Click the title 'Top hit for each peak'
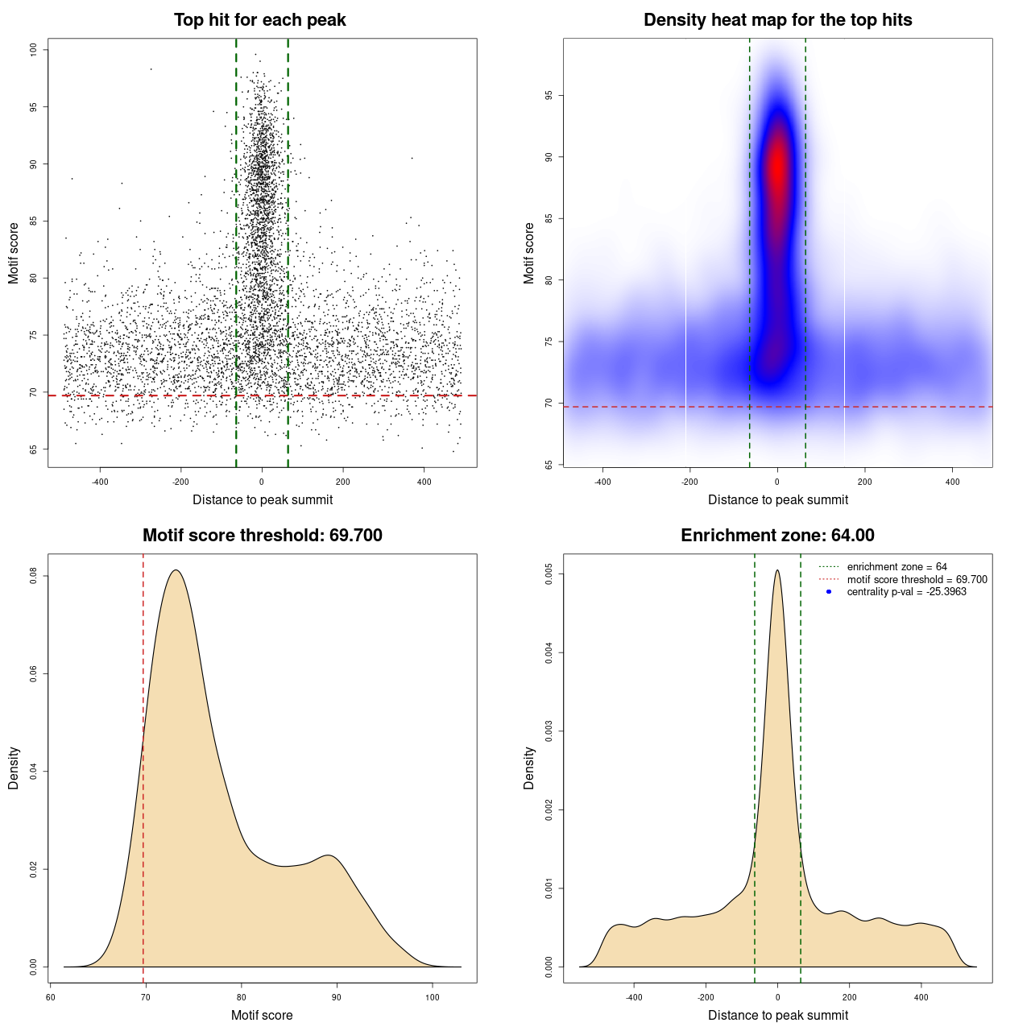pyautogui.click(x=259, y=20)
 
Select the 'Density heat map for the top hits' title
pyautogui.click(x=777, y=20)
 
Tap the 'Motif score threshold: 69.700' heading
pyautogui.click(x=262, y=536)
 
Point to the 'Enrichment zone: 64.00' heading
pyautogui.click(x=777, y=536)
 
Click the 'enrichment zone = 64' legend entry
pyautogui.click(x=896, y=567)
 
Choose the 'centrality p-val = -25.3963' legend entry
pyautogui.click(x=906, y=592)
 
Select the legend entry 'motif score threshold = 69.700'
pyautogui.click(x=917, y=580)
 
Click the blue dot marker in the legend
pyautogui.click(x=829, y=592)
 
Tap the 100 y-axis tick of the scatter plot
pyautogui.click(x=33, y=50)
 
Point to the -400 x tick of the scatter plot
pyautogui.click(x=100, y=482)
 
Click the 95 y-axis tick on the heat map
pyautogui.click(x=549, y=95)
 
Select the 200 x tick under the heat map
pyautogui.click(x=864, y=482)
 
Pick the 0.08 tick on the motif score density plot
pyautogui.click(x=33, y=576)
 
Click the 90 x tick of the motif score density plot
pyautogui.click(x=337, y=997)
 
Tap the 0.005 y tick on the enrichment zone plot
pyautogui.click(x=549, y=574)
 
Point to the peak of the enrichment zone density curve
pyautogui.click(x=777, y=570)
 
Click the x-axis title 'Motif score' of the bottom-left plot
pyautogui.click(x=262, y=1015)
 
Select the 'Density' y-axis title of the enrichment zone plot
pyautogui.click(x=529, y=768)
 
